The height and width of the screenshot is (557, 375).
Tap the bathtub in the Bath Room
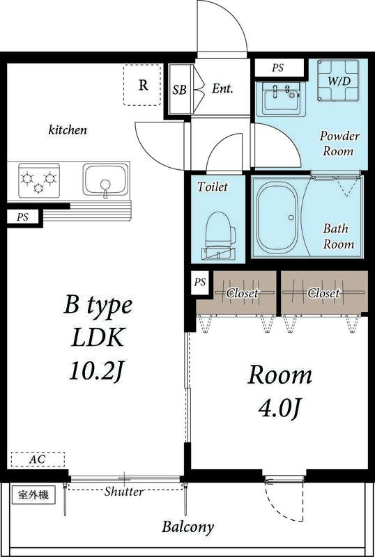[278, 217]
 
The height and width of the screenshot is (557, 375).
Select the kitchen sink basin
[106, 180]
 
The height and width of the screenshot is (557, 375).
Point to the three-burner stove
[39, 180]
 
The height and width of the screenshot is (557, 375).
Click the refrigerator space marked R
[142, 85]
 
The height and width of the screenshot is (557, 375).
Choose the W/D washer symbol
[338, 81]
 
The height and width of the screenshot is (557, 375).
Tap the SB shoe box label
[180, 90]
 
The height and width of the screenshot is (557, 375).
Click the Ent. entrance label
[222, 88]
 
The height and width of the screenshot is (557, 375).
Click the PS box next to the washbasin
[279, 68]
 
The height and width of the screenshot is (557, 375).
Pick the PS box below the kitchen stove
[23, 217]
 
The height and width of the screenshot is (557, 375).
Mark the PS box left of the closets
[200, 283]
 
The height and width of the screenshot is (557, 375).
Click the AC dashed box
[38, 459]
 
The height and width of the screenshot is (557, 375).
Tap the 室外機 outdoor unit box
[33, 495]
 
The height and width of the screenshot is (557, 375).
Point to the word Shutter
[124, 492]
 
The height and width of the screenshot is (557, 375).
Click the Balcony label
[188, 527]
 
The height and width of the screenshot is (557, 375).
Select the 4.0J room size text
[280, 409]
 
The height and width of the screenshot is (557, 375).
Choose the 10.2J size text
[96, 371]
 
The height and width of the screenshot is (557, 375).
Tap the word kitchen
[68, 130]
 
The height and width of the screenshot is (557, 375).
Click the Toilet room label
[213, 187]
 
